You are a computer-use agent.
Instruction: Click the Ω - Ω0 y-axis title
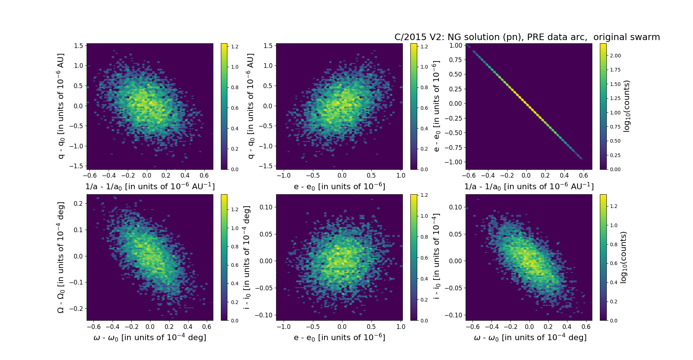coord(61,257)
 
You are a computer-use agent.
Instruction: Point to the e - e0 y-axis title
coord(436,106)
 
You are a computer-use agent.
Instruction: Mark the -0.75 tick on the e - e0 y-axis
coord(453,147)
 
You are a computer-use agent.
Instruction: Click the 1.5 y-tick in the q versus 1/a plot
coord(79,45)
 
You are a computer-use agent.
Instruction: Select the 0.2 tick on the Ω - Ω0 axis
coord(79,204)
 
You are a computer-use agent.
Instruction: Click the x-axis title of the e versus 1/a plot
coord(529,186)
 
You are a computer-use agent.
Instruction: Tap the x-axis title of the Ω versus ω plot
coord(150,337)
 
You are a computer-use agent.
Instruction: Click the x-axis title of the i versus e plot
coord(339,337)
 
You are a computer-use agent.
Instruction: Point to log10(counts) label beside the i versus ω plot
coord(623,257)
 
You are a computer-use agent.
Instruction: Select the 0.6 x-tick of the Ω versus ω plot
coord(206,327)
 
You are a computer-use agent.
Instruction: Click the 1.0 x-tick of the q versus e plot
coord(401,175)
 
